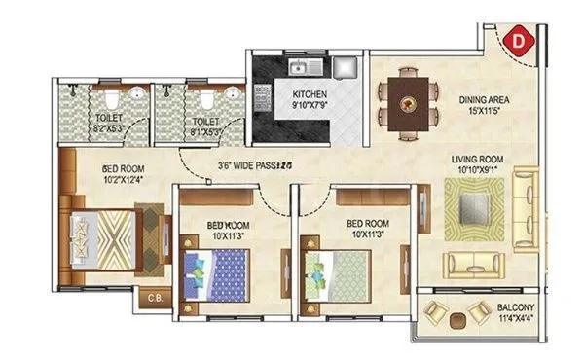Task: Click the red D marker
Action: [521, 41]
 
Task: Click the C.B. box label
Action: [156, 298]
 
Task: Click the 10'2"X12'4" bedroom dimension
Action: [123, 177]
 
